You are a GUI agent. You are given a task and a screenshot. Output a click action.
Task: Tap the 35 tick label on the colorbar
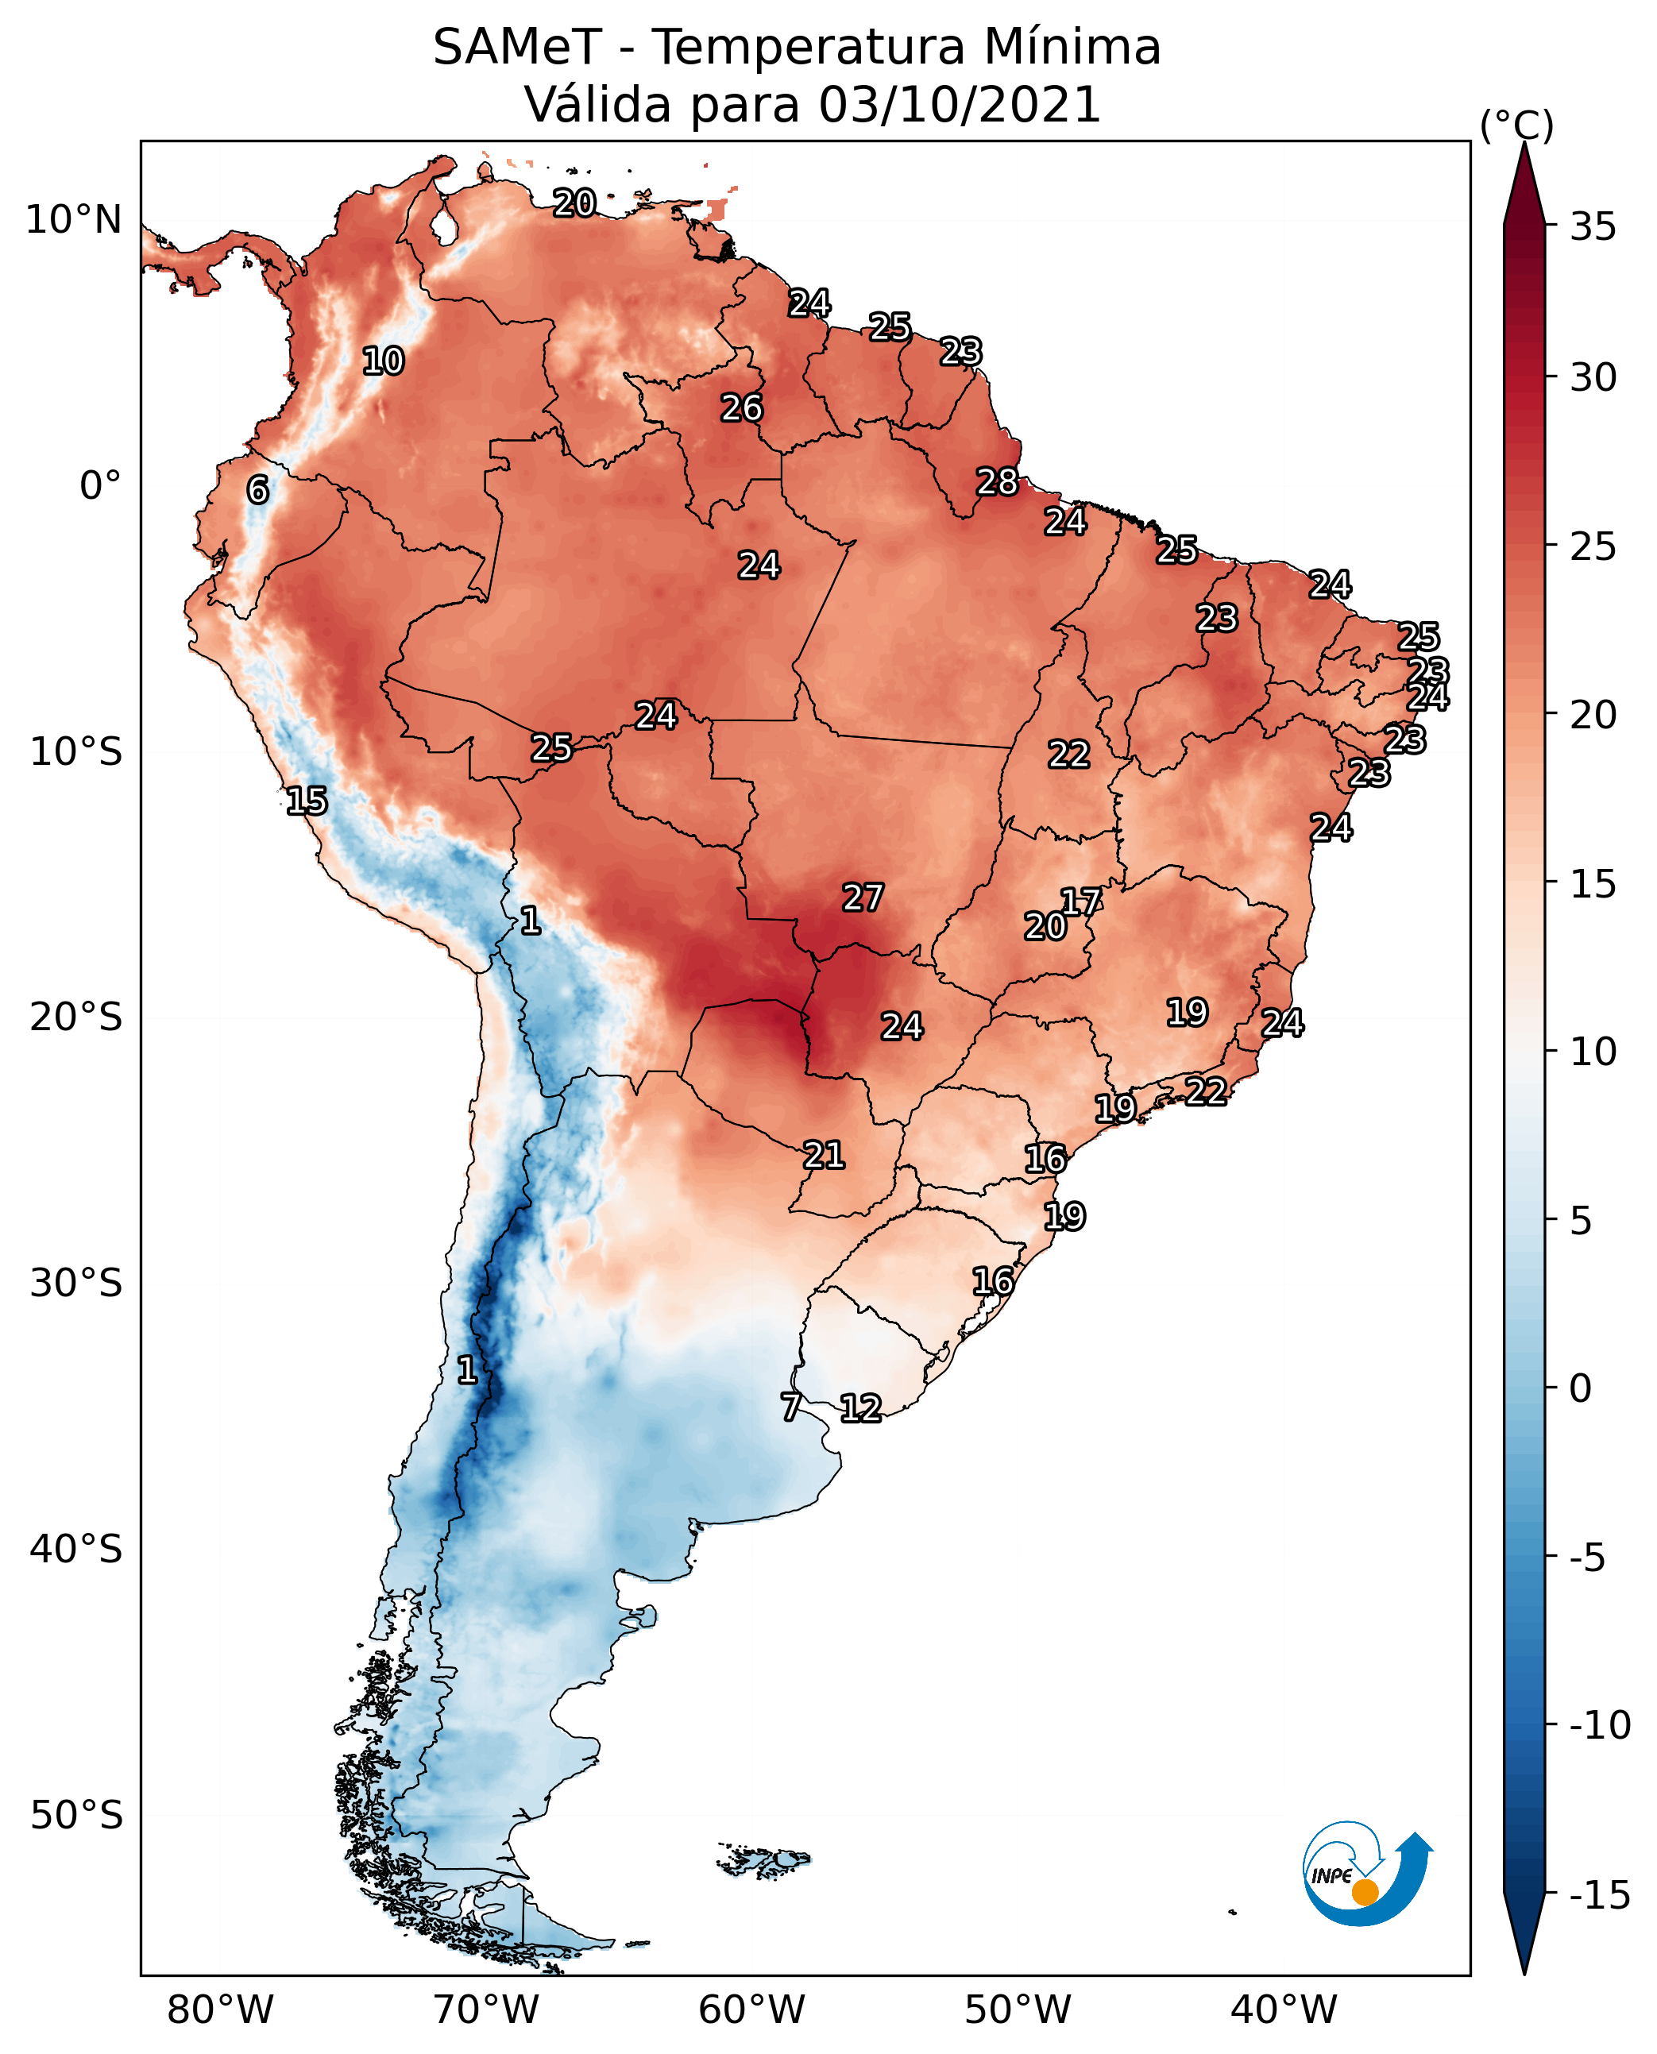(x=1593, y=227)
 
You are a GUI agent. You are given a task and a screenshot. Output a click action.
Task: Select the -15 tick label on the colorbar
(x=1599, y=1894)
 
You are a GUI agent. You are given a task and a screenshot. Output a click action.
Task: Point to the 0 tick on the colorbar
(x=1580, y=1388)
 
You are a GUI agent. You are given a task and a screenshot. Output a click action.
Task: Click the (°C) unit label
(x=1516, y=125)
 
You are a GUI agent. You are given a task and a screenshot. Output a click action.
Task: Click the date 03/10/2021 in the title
(x=960, y=104)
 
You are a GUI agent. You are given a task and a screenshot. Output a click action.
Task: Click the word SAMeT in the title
(x=516, y=47)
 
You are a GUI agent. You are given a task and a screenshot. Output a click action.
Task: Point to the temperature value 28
(x=998, y=482)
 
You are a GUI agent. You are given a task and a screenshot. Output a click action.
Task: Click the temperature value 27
(x=863, y=898)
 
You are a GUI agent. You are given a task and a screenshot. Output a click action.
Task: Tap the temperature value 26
(x=742, y=407)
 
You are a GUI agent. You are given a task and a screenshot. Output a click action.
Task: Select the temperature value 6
(x=257, y=489)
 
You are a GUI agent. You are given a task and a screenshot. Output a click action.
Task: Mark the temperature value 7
(x=790, y=1406)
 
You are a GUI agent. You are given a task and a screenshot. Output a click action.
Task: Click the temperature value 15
(x=307, y=800)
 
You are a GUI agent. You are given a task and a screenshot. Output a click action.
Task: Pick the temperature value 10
(x=383, y=361)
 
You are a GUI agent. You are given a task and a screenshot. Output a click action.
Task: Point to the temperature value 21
(x=824, y=1155)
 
